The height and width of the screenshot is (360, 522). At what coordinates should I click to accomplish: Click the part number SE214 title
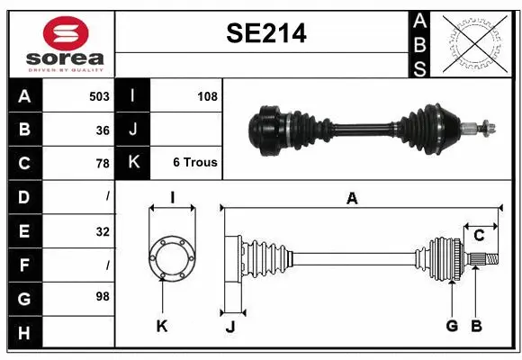[265, 34]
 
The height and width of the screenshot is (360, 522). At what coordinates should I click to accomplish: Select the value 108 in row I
[207, 96]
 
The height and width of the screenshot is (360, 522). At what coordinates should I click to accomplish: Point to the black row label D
[24, 197]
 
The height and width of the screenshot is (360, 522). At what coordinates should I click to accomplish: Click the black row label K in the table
[133, 163]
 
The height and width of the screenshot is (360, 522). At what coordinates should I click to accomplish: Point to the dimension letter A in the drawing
[352, 199]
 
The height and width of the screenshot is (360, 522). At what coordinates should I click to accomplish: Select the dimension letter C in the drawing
[480, 236]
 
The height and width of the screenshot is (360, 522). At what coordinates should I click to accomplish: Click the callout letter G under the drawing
[452, 326]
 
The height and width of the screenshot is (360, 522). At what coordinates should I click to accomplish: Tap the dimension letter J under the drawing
[229, 327]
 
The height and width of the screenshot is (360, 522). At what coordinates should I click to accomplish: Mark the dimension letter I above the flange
[171, 198]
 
